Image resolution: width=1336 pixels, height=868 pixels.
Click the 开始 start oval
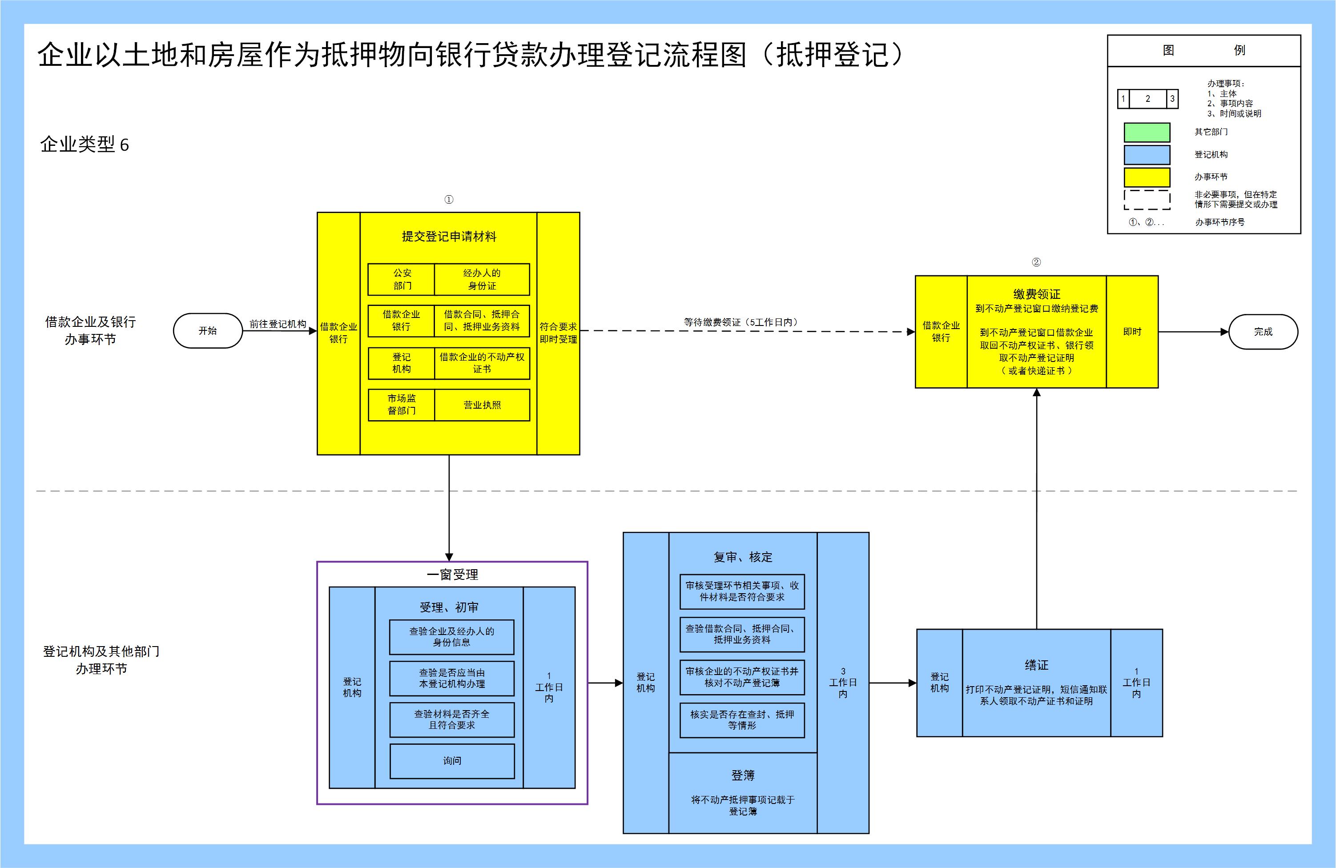point(208,330)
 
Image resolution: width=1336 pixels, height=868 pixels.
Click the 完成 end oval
point(1263,332)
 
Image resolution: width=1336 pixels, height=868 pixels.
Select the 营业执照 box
point(482,405)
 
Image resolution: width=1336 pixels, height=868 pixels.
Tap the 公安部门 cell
point(402,279)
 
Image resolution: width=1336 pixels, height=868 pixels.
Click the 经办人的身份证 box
point(482,279)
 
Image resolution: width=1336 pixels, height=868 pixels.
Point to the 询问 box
point(452,761)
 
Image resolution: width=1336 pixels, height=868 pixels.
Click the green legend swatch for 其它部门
point(1147,133)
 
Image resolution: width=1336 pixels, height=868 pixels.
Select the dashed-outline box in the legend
point(1147,199)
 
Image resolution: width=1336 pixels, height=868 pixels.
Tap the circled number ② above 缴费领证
point(1036,262)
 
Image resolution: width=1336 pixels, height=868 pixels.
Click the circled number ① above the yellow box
point(448,200)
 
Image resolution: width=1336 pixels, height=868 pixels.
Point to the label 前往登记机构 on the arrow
point(278,324)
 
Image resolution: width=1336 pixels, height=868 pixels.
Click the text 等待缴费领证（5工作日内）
point(741,322)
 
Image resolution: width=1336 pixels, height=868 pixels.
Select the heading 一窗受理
point(452,575)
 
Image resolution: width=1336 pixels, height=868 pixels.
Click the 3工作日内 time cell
point(843,682)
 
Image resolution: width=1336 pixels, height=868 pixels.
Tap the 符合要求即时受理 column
point(558,333)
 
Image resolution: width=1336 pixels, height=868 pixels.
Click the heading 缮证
point(1036,665)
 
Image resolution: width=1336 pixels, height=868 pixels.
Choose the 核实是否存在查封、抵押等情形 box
point(742,720)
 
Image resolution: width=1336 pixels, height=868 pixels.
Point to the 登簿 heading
point(743,776)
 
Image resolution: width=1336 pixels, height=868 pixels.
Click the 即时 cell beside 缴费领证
point(1132,332)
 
